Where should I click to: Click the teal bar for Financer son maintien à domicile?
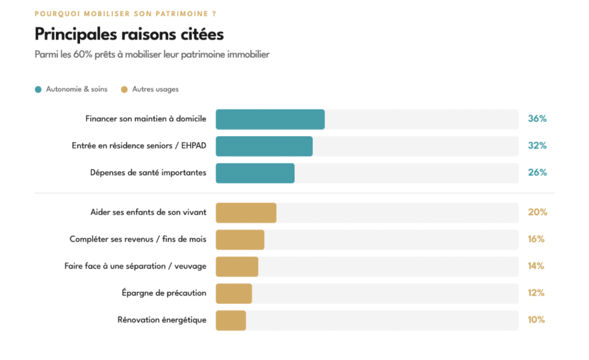pyautogui.click(x=270, y=120)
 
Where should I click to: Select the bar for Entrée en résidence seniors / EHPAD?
pyautogui.click(x=264, y=146)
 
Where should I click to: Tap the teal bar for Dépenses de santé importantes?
pyautogui.click(x=255, y=173)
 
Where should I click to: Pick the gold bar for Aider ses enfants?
pyautogui.click(x=246, y=213)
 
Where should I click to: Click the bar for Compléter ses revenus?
pyautogui.click(x=240, y=239)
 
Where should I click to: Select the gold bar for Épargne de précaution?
pyautogui.click(x=234, y=293)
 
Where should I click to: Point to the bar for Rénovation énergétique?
pyautogui.click(x=231, y=320)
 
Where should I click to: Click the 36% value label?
pyautogui.click(x=537, y=118)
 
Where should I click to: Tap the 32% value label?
pyautogui.click(x=537, y=145)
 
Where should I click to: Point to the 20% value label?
pyautogui.click(x=538, y=212)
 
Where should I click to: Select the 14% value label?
pyautogui.click(x=536, y=266)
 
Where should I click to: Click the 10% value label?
pyautogui.click(x=536, y=320)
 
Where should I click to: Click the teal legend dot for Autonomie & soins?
pyautogui.click(x=38, y=89)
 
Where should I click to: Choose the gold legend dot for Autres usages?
pyautogui.click(x=124, y=89)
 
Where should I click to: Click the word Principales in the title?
pyautogui.click(x=76, y=35)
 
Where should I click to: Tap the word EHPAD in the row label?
pyautogui.click(x=193, y=145)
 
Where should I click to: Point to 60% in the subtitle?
pyautogui.click(x=83, y=55)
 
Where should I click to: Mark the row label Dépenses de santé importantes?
pyautogui.click(x=148, y=173)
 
